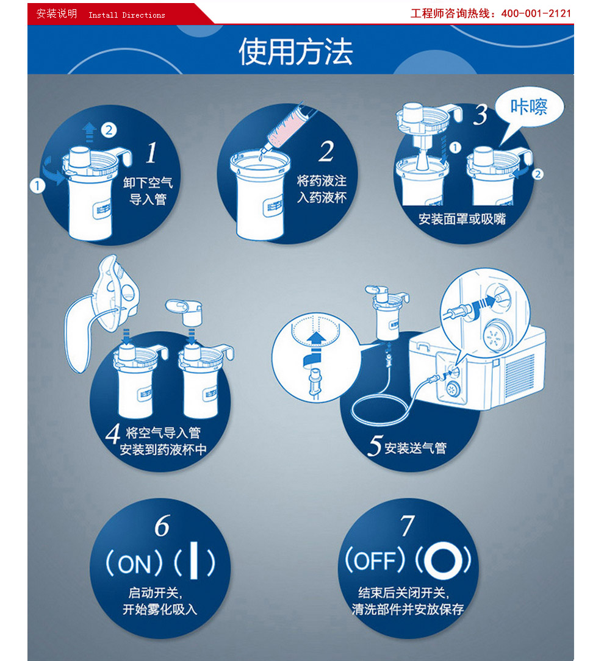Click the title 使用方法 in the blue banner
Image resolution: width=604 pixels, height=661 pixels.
tap(296, 51)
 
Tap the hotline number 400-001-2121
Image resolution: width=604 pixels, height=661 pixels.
tap(536, 13)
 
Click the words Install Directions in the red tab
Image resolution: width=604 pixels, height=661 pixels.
tap(126, 15)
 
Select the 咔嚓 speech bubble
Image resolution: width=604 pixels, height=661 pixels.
tap(529, 109)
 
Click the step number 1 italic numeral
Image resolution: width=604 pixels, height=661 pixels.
tap(152, 152)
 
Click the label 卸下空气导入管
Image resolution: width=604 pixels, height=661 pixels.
tap(148, 190)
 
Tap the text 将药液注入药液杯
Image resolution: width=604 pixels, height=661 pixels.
tap(322, 189)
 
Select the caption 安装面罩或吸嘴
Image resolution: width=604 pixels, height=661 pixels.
tap(462, 219)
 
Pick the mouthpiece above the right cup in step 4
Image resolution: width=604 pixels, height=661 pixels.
tap(185, 312)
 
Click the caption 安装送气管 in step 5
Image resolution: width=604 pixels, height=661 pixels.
tap(415, 448)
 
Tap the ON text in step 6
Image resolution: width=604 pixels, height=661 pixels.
tap(134, 564)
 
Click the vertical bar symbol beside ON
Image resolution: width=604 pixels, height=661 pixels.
tap(193, 560)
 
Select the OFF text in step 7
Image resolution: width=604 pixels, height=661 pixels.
tap(375, 560)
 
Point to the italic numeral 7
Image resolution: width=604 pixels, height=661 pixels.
tap(408, 526)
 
